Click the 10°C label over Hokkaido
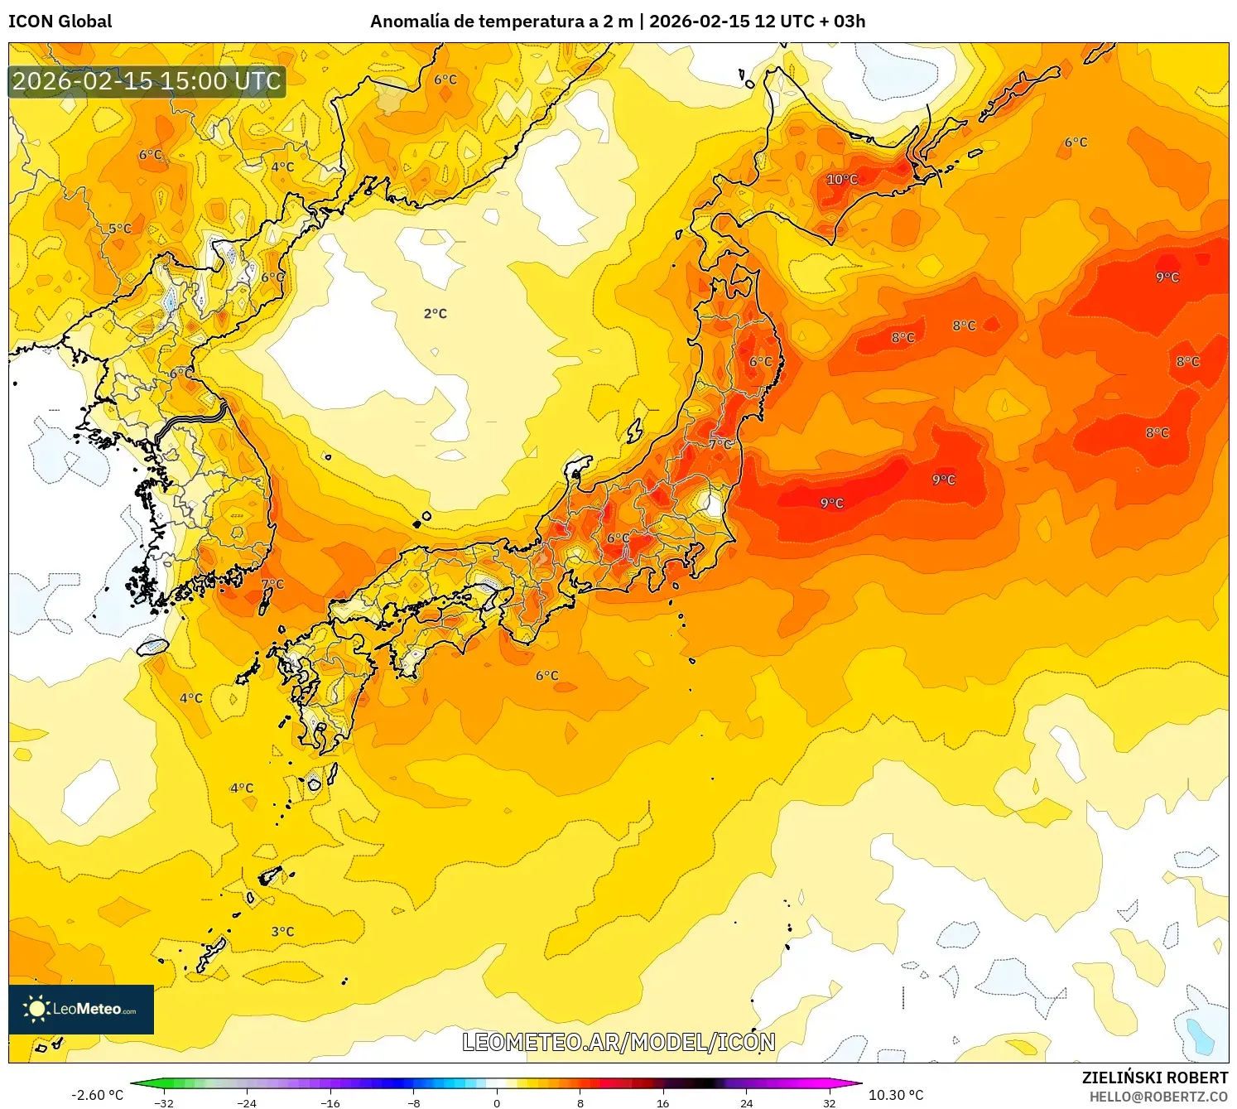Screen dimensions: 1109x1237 pyautogui.click(x=842, y=180)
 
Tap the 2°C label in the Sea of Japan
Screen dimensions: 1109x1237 pyautogui.click(x=436, y=314)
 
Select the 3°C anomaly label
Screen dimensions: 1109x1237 pyautogui.click(x=282, y=932)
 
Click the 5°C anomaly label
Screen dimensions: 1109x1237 pyautogui.click(x=120, y=229)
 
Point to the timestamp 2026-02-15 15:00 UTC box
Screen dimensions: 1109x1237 pyautogui.click(x=147, y=81)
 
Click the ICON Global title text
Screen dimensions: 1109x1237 pyautogui.click(x=60, y=22)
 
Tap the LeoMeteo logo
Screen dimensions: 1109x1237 pyautogui.click(x=81, y=1009)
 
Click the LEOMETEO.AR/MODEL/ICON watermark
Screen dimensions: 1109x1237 pyautogui.click(x=618, y=1042)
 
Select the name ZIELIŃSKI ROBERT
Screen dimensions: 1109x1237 pyautogui.click(x=1154, y=1078)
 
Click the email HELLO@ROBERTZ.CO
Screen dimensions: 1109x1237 pyautogui.click(x=1158, y=1097)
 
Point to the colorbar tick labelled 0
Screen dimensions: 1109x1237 pyautogui.click(x=497, y=1103)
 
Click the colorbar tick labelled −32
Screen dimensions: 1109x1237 pyautogui.click(x=164, y=1103)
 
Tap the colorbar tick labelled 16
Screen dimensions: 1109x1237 pyautogui.click(x=662, y=1103)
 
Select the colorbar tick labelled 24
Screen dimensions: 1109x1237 pyautogui.click(x=746, y=1103)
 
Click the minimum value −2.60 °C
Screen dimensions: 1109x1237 pyautogui.click(x=97, y=1095)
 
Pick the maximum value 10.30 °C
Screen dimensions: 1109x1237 pyautogui.click(x=896, y=1095)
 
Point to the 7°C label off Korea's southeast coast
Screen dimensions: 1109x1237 pyautogui.click(x=272, y=584)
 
